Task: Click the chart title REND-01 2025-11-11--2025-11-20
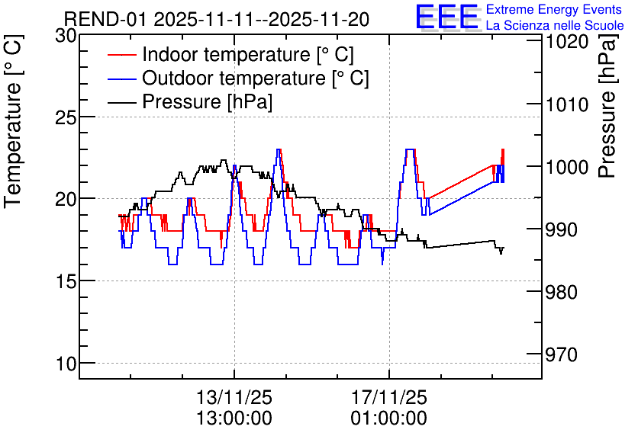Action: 217,19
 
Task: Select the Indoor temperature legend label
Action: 248,54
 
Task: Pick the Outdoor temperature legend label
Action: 256,78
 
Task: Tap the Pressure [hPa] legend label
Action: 207,101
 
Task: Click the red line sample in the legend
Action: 121,55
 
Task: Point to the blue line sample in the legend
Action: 121,79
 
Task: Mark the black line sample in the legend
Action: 121,102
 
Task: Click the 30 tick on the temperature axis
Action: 66,36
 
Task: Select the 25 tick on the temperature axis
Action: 66,118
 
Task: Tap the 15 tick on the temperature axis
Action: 66,281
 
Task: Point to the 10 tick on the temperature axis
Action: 66,364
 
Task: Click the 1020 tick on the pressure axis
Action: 566,42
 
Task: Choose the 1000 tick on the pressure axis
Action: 566,167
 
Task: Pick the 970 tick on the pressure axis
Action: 562,354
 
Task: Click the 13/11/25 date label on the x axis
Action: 234,397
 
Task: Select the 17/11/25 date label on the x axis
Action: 389,397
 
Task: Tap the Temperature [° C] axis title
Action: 14,121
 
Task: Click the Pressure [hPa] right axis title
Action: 607,106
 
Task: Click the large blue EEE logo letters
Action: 446,17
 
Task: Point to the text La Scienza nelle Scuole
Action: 555,25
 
